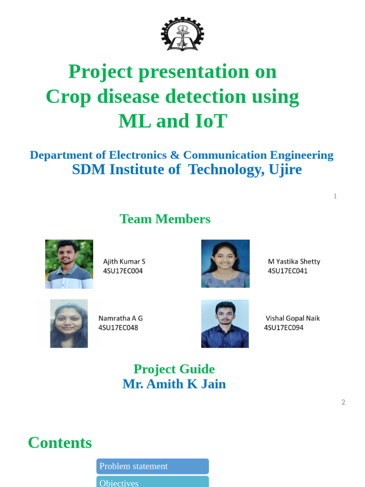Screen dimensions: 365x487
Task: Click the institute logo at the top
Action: tap(182, 34)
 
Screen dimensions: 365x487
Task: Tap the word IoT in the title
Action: tap(211, 121)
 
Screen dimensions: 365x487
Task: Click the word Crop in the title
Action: tap(68, 97)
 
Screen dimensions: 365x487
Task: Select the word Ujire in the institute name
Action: tap(285, 170)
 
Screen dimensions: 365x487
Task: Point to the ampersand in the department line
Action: tap(175, 155)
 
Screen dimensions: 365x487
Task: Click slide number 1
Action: tap(335, 196)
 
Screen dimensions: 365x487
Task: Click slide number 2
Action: tap(343, 402)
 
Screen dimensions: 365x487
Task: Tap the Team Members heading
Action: tap(165, 219)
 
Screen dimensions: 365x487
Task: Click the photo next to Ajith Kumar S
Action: tap(69, 264)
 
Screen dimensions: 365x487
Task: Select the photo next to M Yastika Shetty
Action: tap(225, 263)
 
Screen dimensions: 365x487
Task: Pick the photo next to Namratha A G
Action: tap(69, 323)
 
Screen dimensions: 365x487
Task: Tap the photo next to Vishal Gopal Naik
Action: tap(225, 323)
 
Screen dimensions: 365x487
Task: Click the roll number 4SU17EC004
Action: tap(123, 271)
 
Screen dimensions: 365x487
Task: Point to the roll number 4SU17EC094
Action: tap(284, 328)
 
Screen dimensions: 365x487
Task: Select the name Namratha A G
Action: tap(120, 318)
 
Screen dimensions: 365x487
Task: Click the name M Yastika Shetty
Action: tap(294, 262)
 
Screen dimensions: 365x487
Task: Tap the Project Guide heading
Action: tap(174, 369)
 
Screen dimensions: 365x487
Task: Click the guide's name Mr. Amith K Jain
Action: tap(174, 384)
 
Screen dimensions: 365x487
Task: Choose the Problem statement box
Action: tap(153, 466)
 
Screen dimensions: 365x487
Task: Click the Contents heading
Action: tap(60, 443)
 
